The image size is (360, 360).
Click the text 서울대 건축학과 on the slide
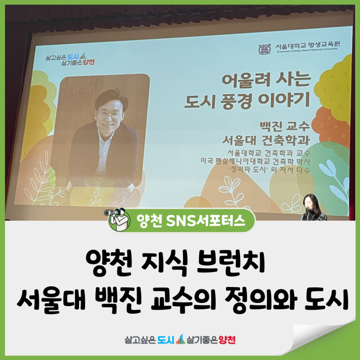pyautogui.click(x=266, y=140)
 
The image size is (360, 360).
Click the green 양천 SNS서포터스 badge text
pyautogui.click(x=190, y=221)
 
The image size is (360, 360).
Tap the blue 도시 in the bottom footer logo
pyautogui.click(x=166, y=339)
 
